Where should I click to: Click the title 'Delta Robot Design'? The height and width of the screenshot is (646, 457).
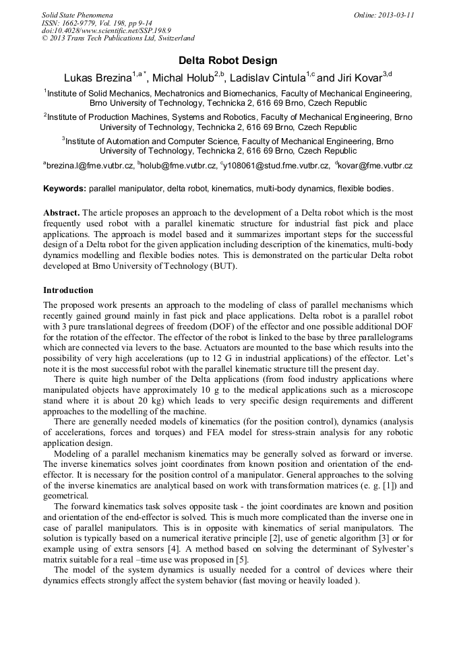pos(228,61)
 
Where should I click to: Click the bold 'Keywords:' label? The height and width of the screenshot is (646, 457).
pos(65,189)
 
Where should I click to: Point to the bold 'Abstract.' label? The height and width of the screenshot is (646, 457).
pos(61,212)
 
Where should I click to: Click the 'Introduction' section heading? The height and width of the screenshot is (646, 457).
pos(68,290)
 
